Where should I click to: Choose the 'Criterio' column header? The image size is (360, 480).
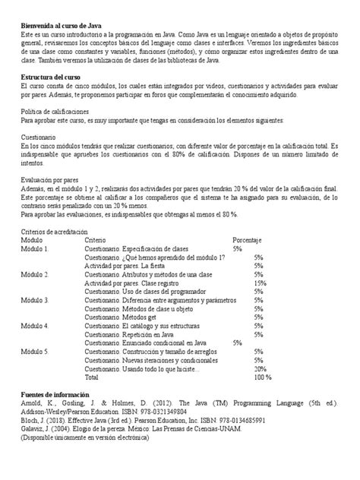[x=96, y=239]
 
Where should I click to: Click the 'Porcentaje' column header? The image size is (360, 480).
[x=248, y=239]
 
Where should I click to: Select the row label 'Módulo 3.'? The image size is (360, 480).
[x=34, y=301]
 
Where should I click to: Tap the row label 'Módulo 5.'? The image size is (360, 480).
[x=34, y=353]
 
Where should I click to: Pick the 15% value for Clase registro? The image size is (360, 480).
[x=259, y=283]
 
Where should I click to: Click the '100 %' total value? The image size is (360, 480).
[x=262, y=379]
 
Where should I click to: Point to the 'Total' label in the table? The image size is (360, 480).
[x=91, y=379]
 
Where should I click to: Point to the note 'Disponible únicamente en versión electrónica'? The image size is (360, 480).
[x=87, y=440]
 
